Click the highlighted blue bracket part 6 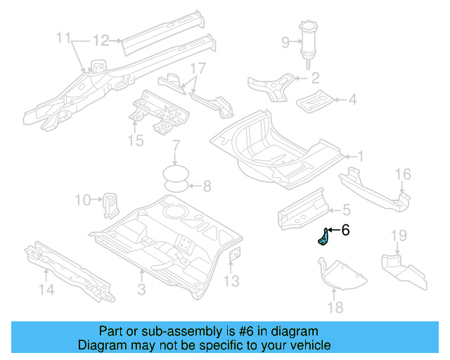[323, 238]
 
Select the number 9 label [285, 43]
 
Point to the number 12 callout [101, 40]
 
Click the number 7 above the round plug [176, 147]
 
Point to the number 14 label [46, 288]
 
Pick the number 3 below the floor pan [141, 289]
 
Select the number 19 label [399, 235]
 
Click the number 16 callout [401, 174]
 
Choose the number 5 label [346, 209]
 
